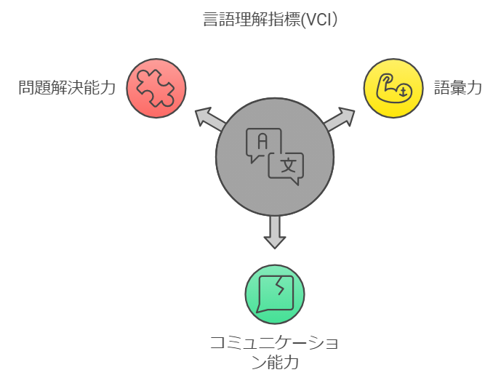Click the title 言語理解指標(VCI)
(270, 20)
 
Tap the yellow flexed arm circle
(393, 88)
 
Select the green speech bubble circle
(275, 294)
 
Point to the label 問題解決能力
(67, 89)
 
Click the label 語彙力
(458, 89)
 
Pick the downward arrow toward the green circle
(275, 231)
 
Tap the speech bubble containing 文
(286, 166)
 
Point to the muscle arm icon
(393, 89)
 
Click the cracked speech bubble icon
(275, 294)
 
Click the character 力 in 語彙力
(474, 89)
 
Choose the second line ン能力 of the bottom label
(275, 361)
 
